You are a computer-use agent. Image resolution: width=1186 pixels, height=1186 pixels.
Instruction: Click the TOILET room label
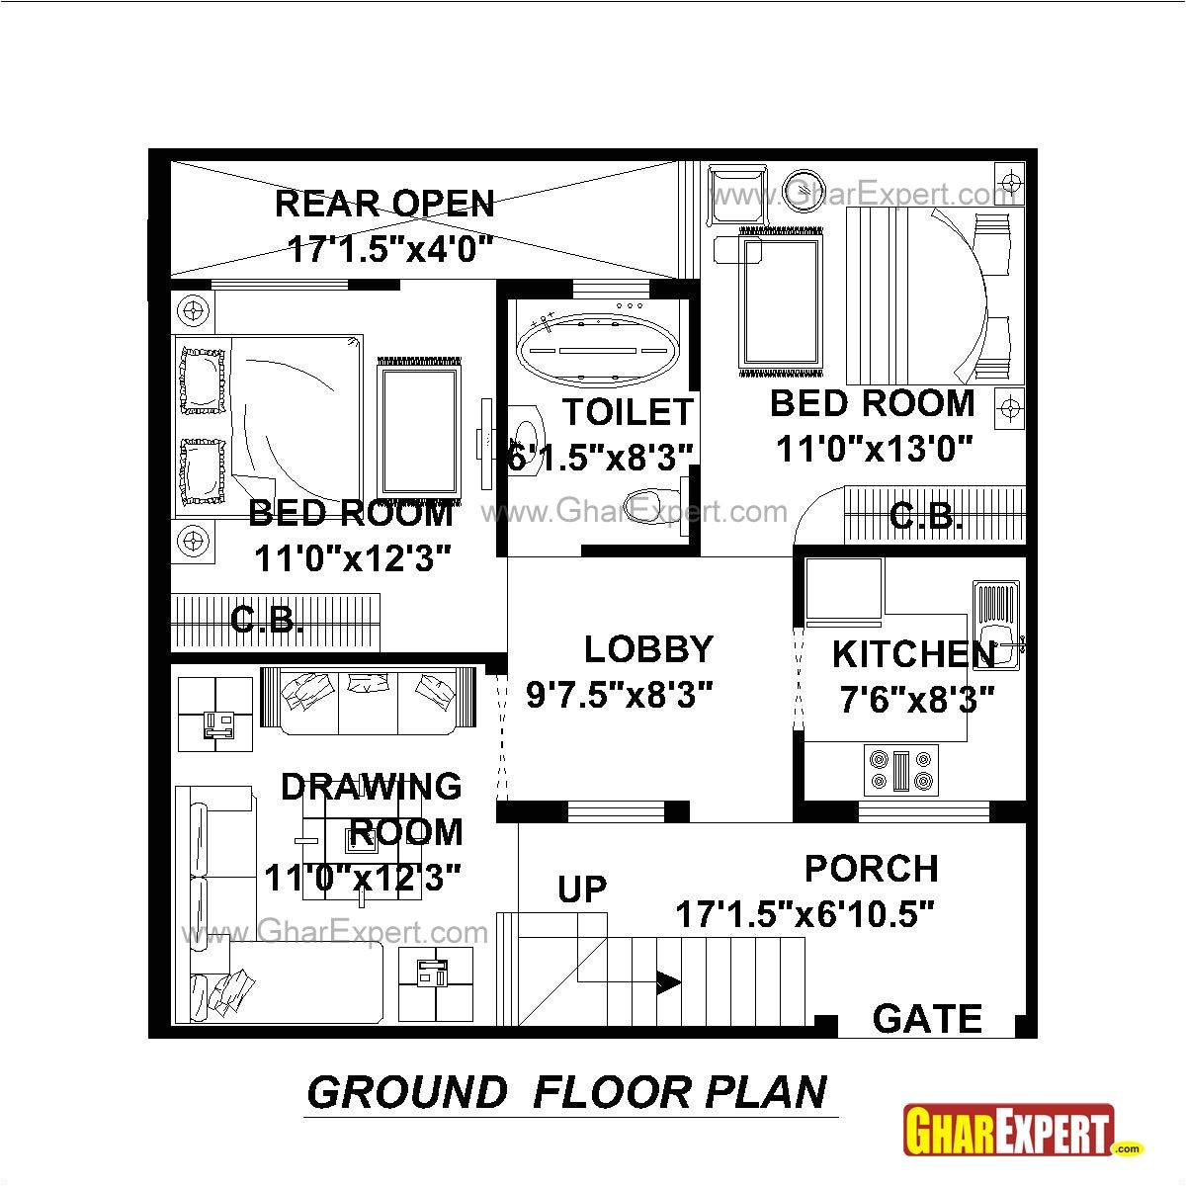point(628,411)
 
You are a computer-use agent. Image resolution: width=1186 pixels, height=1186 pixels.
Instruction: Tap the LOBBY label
point(648,650)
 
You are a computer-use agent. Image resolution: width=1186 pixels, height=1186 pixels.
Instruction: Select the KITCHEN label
point(913,654)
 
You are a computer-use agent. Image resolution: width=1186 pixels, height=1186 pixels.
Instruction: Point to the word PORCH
point(871,869)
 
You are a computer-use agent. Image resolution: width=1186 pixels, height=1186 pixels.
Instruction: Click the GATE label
point(927,1019)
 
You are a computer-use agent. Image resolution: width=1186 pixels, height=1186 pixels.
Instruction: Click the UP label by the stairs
point(582,889)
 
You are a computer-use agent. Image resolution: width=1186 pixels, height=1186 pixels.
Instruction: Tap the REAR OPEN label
point(384,204)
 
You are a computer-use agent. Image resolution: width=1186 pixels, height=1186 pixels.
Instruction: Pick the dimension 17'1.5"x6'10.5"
point(805,914)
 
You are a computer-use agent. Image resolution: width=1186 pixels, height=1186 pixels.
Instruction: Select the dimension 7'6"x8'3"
point(915,701)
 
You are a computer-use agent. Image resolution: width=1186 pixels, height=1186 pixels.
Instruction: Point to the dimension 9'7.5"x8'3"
point(620,696)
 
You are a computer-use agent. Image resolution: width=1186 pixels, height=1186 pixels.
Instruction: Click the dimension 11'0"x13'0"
point(875,449)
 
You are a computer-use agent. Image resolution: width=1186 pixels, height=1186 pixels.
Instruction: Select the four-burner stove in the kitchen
point(898,770)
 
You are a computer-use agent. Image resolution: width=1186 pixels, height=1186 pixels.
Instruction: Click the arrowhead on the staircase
point(668,982)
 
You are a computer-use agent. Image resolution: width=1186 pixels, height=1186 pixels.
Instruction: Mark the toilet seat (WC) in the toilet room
point(649,504)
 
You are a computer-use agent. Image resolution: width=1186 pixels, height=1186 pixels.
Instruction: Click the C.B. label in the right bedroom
point(926,516)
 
